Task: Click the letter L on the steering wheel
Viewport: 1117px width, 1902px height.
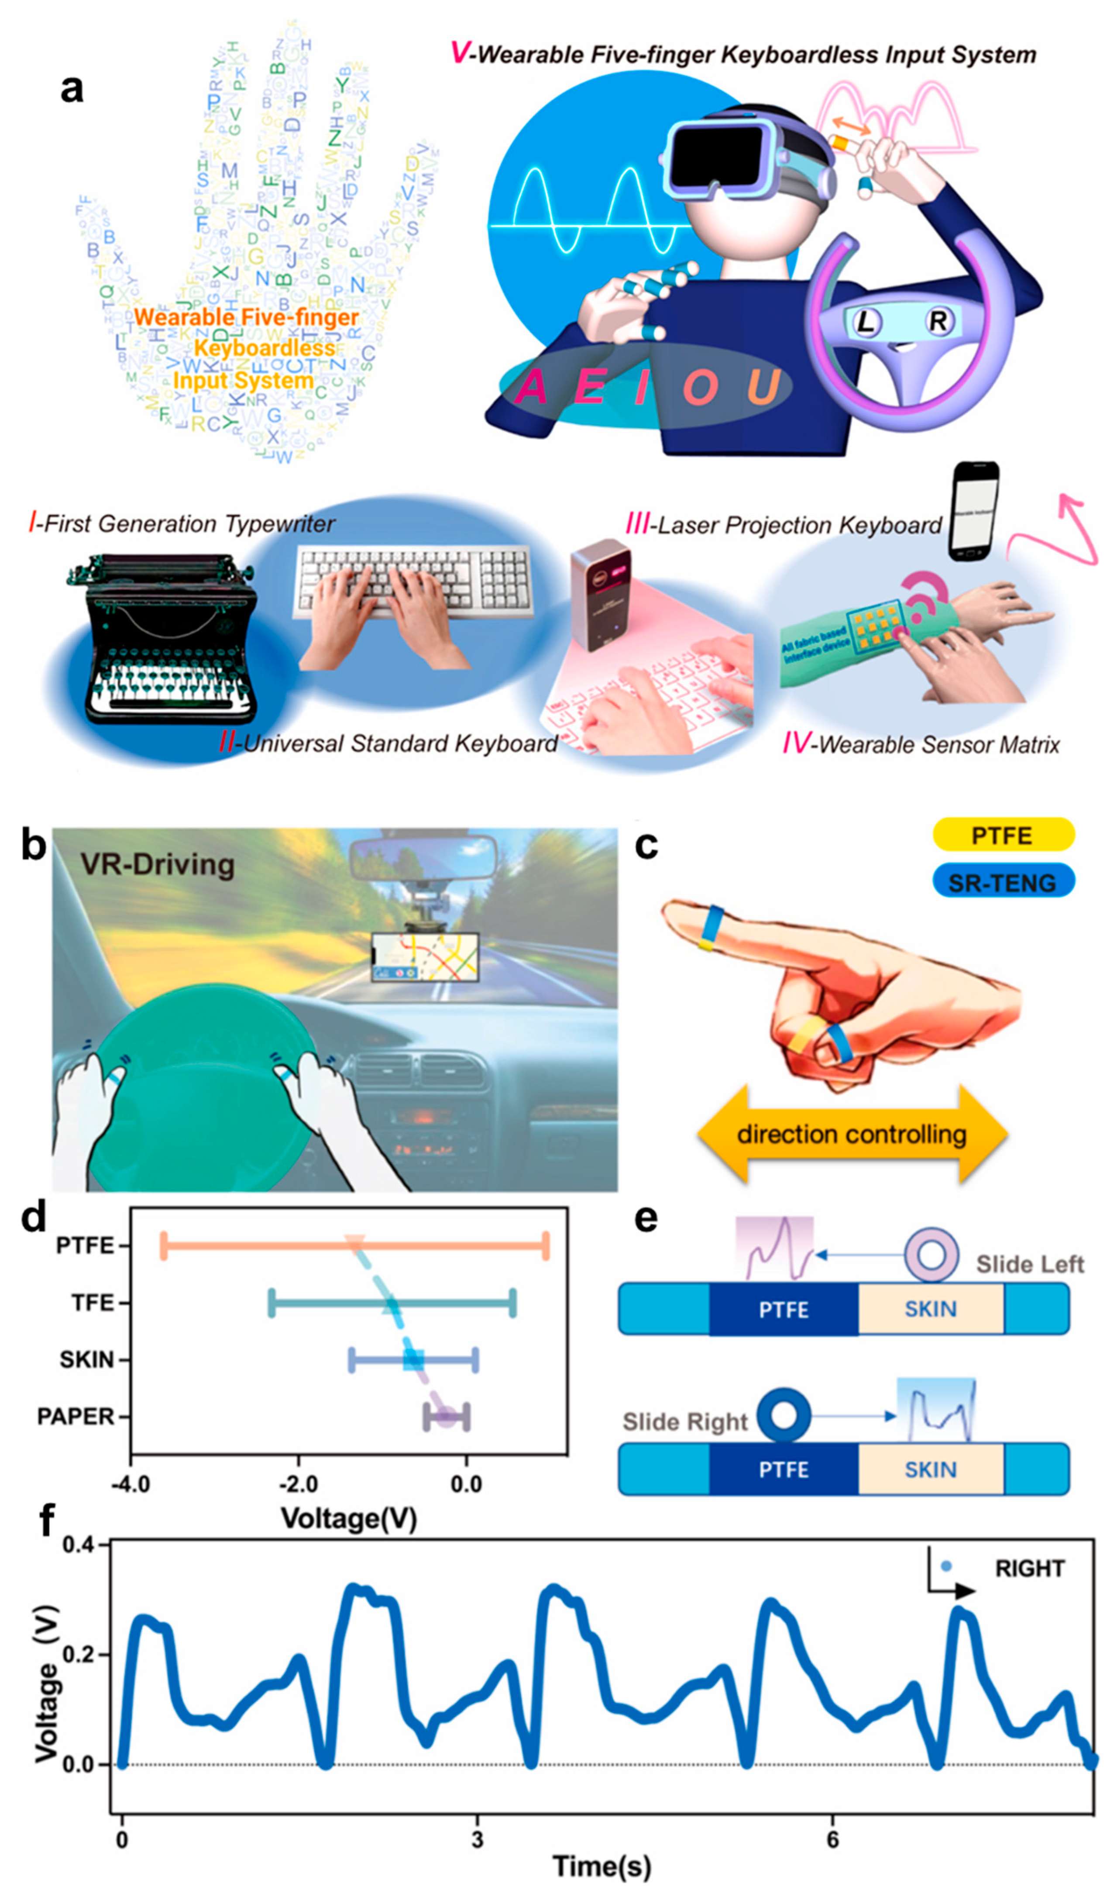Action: (x=866, y=322)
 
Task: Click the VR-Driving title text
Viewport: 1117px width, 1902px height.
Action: (x=158, y=864)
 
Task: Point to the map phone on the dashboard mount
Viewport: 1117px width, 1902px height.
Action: (x=425, y=957)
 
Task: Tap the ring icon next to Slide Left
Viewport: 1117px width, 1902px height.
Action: (x=931, y=1255)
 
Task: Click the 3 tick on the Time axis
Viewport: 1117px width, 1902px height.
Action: (x=477, y=1839)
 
